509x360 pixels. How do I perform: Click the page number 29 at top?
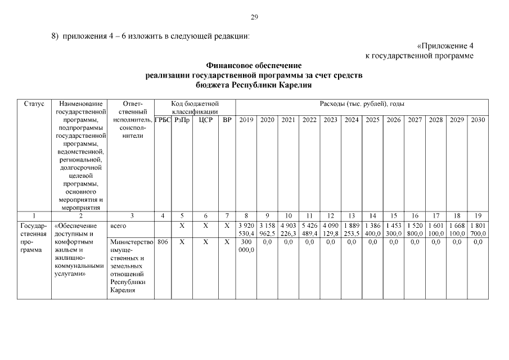pos(254,17)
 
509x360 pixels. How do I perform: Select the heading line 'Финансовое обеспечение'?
pos(254,66)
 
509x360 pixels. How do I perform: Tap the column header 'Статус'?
pos(34,104)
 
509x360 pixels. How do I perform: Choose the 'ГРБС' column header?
pos(163,120)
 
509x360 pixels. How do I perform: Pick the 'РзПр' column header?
pos(182,120)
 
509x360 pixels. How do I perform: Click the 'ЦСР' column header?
pos(205,120)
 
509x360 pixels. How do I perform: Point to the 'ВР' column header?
pos(227,120)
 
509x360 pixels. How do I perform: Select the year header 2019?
pos(246,120)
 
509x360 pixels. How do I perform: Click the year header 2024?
pos(352,120)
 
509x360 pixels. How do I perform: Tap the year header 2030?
pos(478,120)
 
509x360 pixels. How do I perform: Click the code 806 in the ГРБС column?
pos(163,241)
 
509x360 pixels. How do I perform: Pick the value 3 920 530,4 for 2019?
pos(246,229)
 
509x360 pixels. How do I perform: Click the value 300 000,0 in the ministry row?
pos(246,245)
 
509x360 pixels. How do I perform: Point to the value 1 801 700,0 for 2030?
pos(478,229)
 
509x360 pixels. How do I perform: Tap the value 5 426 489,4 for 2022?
pos(309,229)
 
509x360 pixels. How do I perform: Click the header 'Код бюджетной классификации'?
pos(195,108)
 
